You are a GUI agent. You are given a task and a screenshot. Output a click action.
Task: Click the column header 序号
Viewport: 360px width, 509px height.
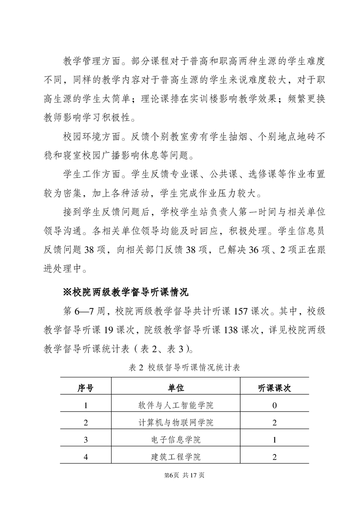click(x=85, y=388)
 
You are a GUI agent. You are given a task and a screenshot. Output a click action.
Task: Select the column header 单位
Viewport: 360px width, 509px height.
click(x=175, y=388)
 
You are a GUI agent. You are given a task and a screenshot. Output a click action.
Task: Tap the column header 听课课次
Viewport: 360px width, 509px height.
click(x=274, y=388)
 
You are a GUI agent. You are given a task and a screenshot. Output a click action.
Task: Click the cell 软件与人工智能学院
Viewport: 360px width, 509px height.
click(x=175, y=405)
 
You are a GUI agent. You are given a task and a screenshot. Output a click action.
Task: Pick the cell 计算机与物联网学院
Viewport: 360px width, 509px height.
click(x=175, y=423)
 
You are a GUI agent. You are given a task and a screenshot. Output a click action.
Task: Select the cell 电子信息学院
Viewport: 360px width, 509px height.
click(x=175, y=440)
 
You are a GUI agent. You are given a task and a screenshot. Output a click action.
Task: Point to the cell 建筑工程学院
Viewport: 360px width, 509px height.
click(x=175, y=457)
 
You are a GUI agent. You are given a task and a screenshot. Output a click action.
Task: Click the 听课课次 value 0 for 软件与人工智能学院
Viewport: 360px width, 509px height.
click(x=274, y=405)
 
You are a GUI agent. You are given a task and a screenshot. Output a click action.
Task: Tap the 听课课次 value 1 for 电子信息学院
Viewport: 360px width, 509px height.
click(x=274, y=440)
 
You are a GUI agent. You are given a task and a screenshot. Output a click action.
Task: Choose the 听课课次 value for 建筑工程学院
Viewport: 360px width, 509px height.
click(x=274, y=457)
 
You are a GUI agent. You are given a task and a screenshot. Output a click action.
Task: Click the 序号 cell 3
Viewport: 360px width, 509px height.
click(x=85, y=440)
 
